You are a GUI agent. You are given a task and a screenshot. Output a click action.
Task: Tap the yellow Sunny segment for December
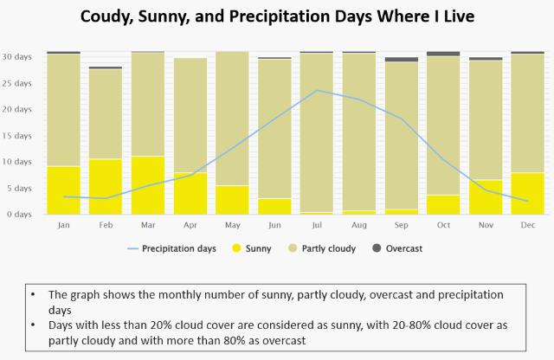point(529,193)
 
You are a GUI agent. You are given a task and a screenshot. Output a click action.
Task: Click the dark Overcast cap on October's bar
point(444,54)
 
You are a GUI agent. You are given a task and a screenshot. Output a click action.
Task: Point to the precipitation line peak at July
point(318,90)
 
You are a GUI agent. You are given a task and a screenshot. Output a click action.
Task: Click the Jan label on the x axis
point(63,224)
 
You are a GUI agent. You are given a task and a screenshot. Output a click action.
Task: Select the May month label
point(233,224)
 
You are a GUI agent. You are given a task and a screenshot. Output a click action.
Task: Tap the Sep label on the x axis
point(402,224)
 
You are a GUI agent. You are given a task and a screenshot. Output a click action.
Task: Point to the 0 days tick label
point(19,214)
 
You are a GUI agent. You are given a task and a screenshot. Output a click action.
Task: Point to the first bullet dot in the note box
point(33,294)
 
